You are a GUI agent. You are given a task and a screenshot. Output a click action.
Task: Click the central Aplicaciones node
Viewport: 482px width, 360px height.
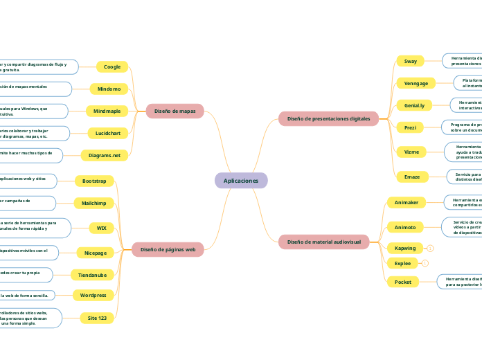[x=241, y=181]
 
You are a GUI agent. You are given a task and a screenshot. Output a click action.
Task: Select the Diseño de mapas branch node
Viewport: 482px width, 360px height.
[x=175, y=111]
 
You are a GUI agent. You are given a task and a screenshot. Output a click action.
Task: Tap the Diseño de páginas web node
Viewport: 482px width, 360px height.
[x=168, y=249]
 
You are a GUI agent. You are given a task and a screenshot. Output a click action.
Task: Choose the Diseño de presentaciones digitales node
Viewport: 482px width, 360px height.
[x=328, y=118]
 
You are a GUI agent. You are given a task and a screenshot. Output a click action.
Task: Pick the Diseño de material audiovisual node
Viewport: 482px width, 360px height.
[x=323, y=242]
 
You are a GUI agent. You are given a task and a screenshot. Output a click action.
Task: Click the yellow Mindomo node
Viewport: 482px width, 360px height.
[x=109, y=89]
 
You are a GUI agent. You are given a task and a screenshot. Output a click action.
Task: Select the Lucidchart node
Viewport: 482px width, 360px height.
[x=105, y=133]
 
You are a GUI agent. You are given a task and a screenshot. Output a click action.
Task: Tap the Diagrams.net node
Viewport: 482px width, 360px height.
[x=105, y=155]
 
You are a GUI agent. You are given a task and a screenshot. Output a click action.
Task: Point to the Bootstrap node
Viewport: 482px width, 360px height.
[x=94, y=181]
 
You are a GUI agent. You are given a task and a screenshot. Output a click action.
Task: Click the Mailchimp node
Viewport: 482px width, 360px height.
[x=93, y=203]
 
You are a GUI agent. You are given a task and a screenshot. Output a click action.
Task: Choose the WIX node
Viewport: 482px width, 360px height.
[x=101, y=228]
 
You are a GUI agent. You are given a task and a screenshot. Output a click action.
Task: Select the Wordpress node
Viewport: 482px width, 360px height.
[x=93, y=295]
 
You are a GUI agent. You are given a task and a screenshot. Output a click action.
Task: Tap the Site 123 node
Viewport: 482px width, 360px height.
[x=97, y=318]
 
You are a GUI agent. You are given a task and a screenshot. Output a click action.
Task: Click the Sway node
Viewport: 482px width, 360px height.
[x=411, y=61]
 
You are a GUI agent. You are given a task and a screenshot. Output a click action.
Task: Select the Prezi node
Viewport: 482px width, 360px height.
[x=409, y=127]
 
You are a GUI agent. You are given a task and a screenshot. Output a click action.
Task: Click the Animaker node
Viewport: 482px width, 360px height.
[x=407, y=202]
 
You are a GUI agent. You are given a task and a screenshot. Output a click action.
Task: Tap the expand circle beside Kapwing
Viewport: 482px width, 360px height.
[x=430, y=248]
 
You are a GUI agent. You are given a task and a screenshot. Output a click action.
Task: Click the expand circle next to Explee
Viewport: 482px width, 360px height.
[x=425, y=263]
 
